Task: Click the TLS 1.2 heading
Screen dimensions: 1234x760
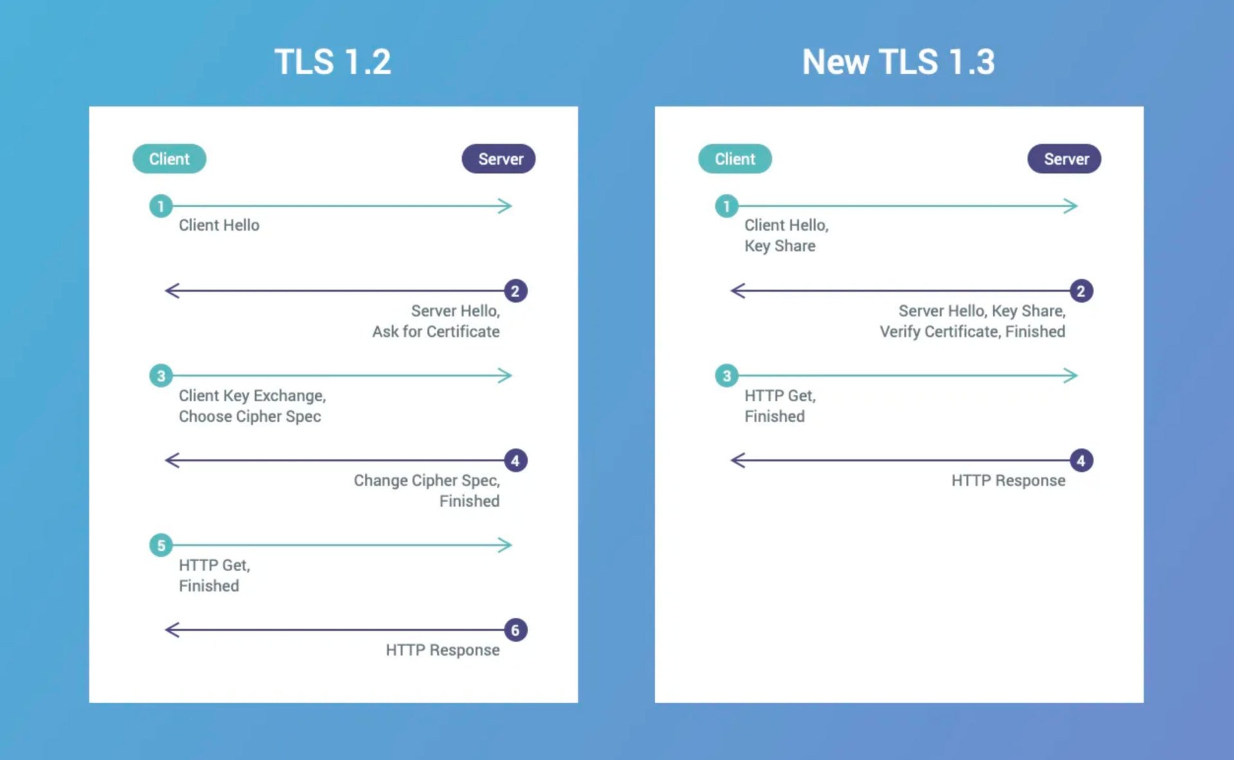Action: click(x=333, y=62)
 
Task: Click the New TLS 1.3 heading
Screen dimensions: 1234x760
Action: click(x=899, y=62)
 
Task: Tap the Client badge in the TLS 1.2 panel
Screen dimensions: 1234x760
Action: click(x=169, y=159)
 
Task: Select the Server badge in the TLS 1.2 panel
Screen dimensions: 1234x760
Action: click(x=499, y=159)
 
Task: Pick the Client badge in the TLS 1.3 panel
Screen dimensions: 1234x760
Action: click(x=735, y=159)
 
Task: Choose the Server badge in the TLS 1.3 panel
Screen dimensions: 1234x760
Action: click(x=1064, y=159)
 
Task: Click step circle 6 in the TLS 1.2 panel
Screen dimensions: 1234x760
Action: click(x=515, y=630)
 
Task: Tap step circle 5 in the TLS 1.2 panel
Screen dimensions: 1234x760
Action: click(x=161, y=545)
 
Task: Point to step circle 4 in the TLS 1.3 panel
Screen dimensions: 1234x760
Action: click(x=1081, y=460)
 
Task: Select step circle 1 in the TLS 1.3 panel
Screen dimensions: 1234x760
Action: click(x=726, y=206)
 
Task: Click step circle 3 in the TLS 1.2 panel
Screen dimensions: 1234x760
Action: click(x=161, y=375)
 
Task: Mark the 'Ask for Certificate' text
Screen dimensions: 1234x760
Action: click(x=436, y=332)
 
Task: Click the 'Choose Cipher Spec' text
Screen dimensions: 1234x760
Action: click(x=250, y=417)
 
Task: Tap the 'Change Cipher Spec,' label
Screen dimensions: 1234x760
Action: click(x=427, y=481)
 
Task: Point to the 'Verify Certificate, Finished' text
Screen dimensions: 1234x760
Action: click(x=972, y=332)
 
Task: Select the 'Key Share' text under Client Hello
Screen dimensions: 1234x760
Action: click(x=780, y=246)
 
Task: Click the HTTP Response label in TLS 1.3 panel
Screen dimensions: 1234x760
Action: click(x=1008, y=481)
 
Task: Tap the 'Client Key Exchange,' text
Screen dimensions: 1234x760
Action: click(x=253, y=396)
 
